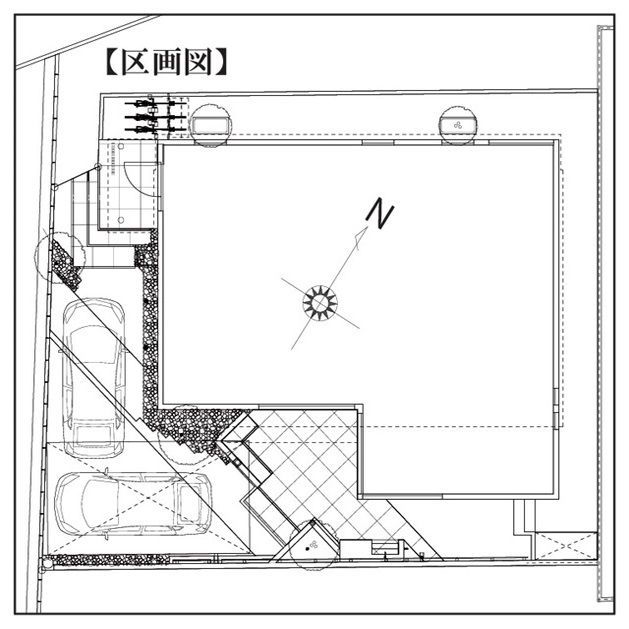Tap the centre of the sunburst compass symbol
coord(320,302)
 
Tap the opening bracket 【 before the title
coord(113,63)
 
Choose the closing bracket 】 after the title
coord(220,63)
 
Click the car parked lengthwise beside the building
coord(95,378)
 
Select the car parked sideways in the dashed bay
coord(133,504)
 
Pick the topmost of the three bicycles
coord(156,103)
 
